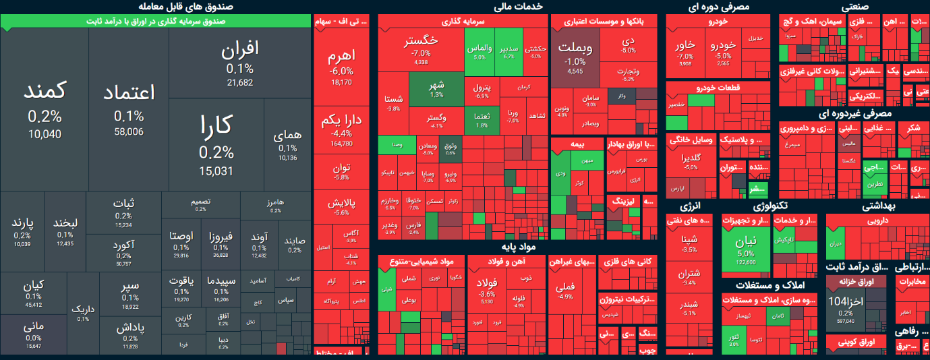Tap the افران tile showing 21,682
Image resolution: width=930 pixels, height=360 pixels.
click(239, 64)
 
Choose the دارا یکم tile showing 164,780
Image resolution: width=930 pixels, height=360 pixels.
click(341, 128)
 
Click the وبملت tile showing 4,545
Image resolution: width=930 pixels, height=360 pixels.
click(575, 57)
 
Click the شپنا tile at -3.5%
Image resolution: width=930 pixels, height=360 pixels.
click(689, 243)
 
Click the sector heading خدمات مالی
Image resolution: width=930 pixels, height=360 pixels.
click(522, 7)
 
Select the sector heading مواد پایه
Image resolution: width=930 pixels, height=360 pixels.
click(519, 247)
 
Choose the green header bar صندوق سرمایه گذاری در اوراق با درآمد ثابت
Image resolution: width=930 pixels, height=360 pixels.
click(156, 22)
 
